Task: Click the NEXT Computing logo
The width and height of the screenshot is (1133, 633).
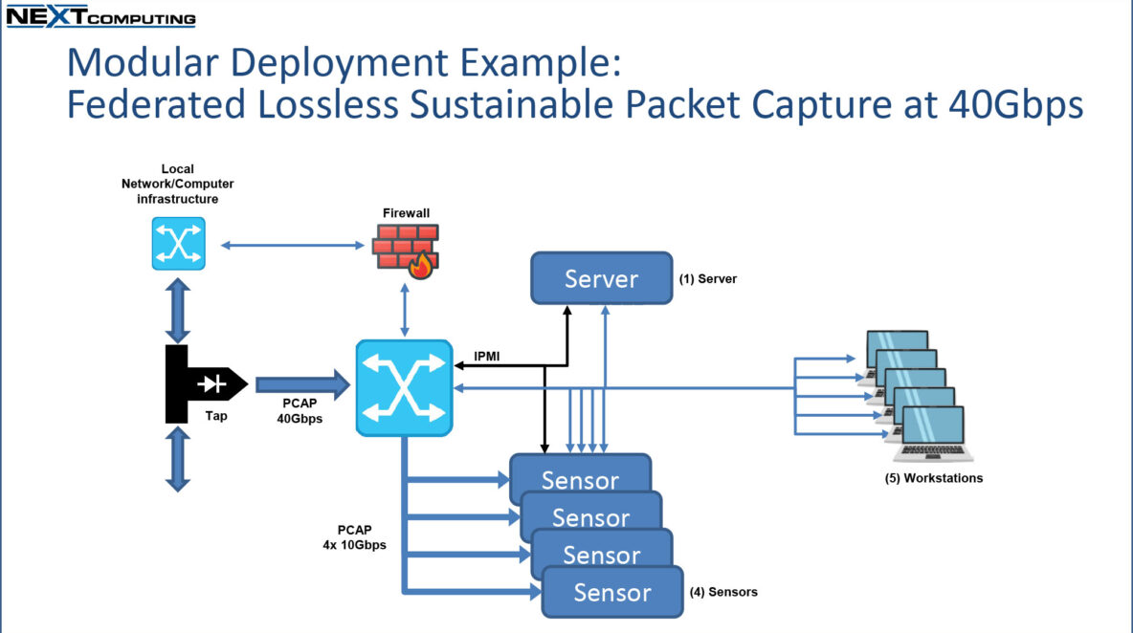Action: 100,16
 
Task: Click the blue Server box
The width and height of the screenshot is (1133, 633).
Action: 601,278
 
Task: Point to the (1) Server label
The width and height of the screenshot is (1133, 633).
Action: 707,279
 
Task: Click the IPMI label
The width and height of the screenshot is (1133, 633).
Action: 486,357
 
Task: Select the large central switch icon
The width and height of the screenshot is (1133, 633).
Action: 404,388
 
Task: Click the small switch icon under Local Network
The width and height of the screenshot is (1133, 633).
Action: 179,244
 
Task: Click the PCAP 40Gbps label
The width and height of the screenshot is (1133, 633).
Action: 300,411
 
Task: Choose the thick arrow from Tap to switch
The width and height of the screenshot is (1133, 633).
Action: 302,384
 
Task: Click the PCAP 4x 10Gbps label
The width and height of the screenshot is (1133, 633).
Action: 354,537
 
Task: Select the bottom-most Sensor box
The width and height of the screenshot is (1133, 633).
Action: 612,592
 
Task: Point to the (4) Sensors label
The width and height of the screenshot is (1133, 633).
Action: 723,592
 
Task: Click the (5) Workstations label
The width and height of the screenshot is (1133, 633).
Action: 934,478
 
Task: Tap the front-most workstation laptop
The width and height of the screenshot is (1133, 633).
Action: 933,434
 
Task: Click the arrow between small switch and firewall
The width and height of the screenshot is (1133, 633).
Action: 292,246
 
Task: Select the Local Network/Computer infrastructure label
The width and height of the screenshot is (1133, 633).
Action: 178,184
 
